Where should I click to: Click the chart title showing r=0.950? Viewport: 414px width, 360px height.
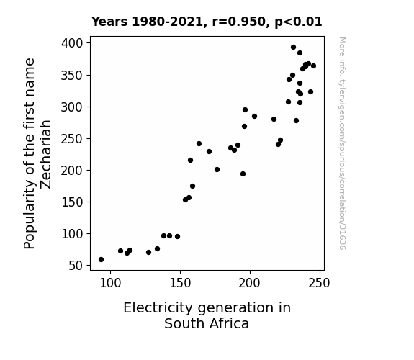207,22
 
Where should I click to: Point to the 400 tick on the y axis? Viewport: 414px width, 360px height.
89,42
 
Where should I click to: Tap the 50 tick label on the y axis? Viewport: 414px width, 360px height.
76,266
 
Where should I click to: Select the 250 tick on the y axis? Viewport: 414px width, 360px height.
89,138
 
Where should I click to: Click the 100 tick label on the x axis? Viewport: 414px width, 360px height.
110,283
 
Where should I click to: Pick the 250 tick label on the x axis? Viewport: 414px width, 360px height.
320,283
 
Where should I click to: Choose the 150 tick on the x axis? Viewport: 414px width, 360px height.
180,272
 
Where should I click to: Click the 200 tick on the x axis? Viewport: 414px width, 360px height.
250,272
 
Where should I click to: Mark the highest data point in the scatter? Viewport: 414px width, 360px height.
293,48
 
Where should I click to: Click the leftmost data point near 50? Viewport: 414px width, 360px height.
101,260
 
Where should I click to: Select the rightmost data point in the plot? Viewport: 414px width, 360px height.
314,66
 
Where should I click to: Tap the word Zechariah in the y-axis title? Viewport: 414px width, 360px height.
45,155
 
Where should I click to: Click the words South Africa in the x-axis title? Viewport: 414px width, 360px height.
207,323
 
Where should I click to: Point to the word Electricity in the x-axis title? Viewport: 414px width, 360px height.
158,307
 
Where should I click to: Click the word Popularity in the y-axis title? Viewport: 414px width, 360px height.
30,214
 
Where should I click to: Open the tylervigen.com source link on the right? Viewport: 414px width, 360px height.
342,143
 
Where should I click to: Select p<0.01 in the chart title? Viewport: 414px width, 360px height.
298,22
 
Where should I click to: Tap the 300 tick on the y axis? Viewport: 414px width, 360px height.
89,107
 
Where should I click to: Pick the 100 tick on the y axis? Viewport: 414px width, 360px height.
89,233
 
